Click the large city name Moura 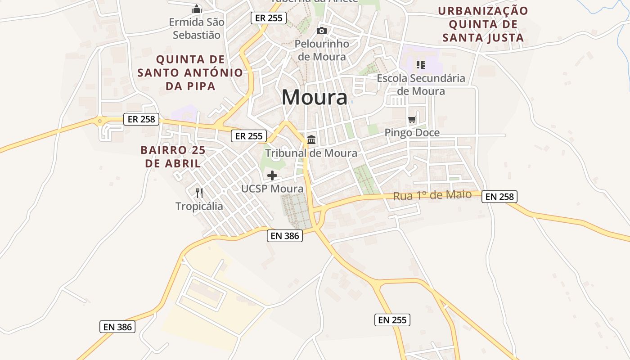315,98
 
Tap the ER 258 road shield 141,119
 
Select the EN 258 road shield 499,197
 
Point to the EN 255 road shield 392,320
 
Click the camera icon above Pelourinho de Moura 321,31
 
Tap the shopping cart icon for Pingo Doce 412,120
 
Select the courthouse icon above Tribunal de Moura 311,139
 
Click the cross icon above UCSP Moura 272,175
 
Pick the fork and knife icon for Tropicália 199,193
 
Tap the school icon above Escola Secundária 420,65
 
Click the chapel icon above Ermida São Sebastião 197,9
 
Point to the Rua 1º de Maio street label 432,195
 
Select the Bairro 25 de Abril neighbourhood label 173,157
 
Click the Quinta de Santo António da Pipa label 190,72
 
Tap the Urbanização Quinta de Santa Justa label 483,24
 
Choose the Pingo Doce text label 412,133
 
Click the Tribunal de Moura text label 311,153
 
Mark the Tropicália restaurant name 199,207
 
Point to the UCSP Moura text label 272,189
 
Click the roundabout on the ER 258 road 99,121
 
